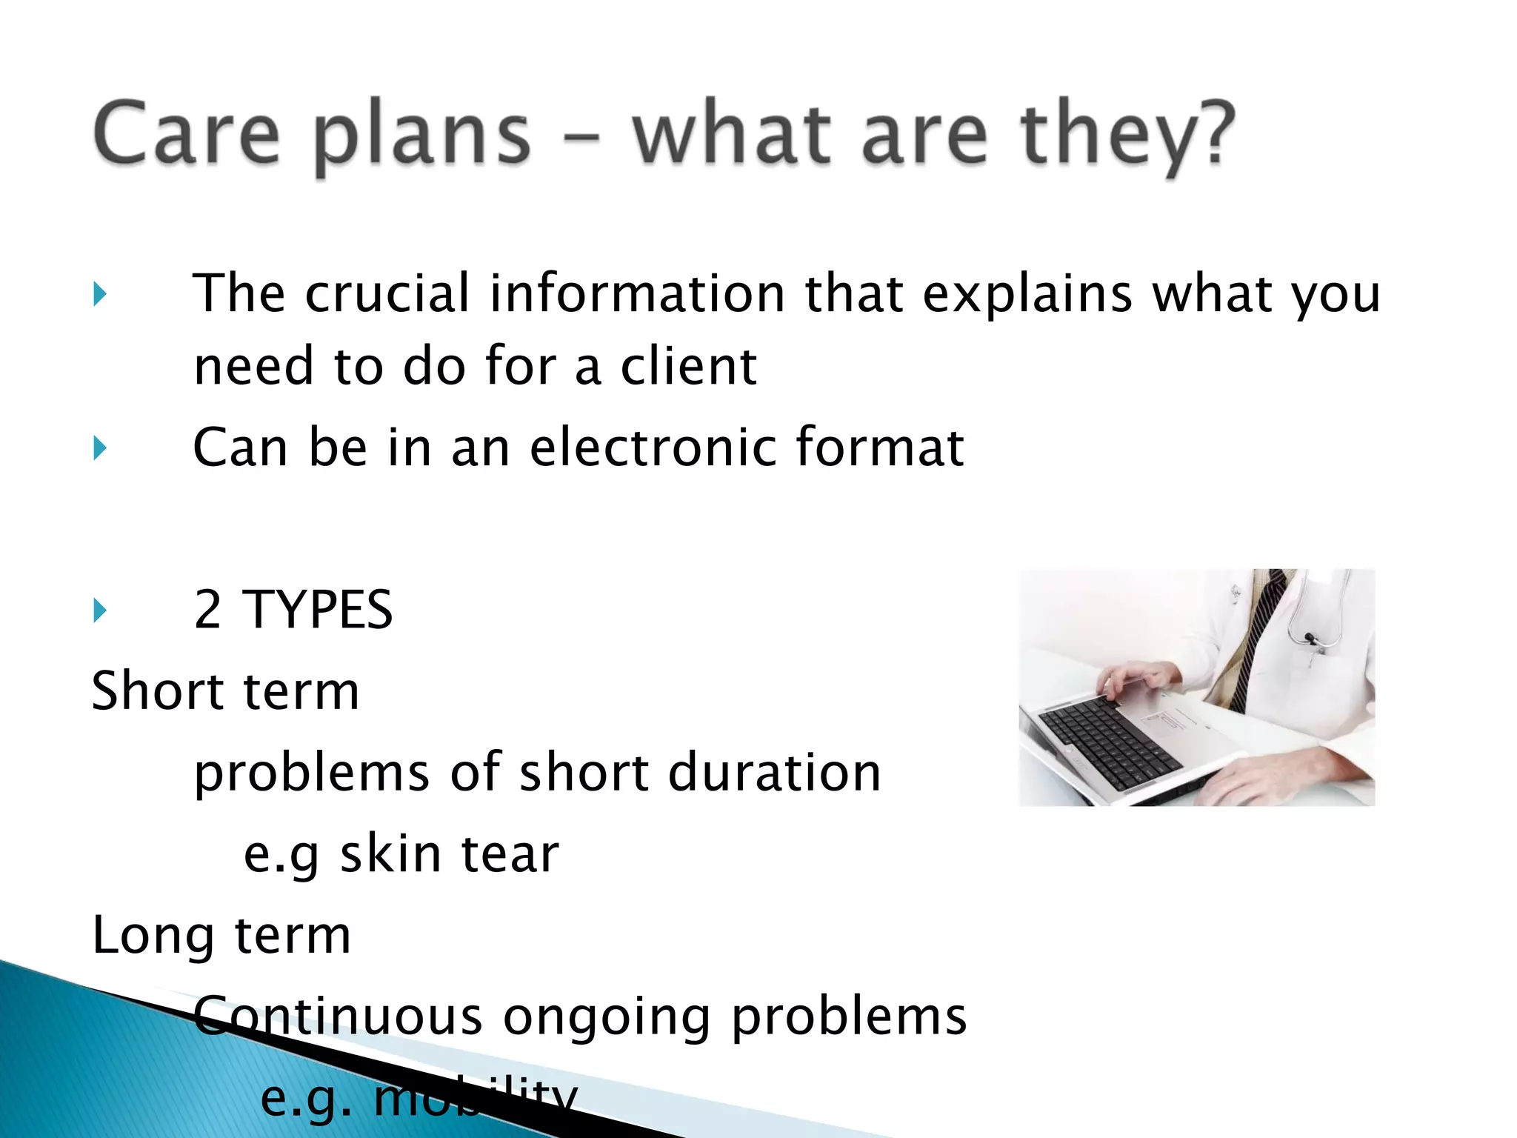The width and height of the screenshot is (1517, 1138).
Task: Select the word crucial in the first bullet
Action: [387, 293]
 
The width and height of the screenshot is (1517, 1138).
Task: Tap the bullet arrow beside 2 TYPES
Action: [100, 610]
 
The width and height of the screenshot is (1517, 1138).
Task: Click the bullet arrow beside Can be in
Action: [100, 448]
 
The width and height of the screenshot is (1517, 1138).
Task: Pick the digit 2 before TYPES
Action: [207, 610]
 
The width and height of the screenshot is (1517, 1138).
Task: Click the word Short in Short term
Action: [156, 691]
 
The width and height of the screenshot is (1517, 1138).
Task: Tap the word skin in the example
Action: [390, 853]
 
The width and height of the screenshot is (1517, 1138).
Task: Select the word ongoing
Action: [607, 1016]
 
